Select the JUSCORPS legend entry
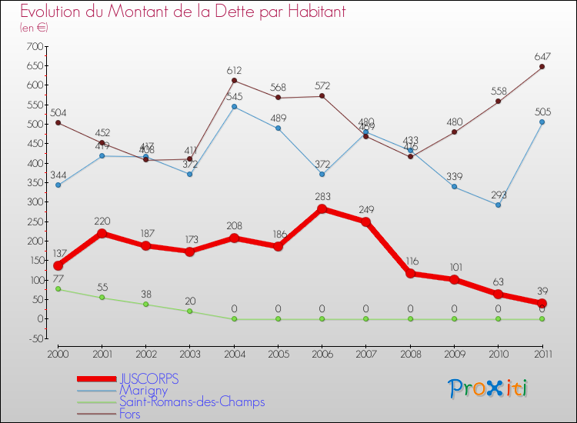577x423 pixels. [148, 379]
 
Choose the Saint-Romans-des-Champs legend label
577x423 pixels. [191, 401]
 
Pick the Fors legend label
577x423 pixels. [130, 413]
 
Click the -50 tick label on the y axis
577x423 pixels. [33, 338]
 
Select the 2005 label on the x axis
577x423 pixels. [278, 353]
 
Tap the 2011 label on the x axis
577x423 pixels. [542, 353]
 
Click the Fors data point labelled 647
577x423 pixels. [542, 67]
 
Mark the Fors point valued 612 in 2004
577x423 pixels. [234, 81]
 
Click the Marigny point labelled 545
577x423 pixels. [234, 106]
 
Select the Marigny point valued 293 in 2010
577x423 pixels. [498, 205]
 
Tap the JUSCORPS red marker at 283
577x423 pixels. [322, 208]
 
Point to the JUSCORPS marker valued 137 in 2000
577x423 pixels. [58, 265]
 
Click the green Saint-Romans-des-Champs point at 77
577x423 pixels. [58, 289]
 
